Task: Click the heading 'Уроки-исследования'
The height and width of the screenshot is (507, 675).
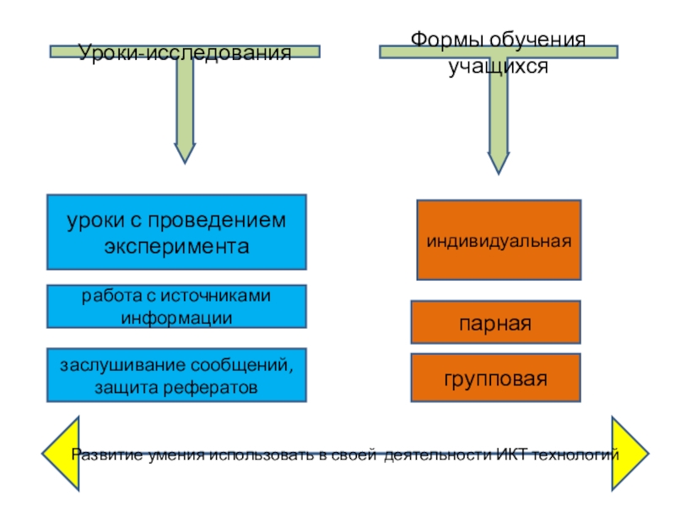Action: tap(185, 53)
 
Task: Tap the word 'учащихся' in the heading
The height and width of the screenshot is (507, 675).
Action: tap(498, 66)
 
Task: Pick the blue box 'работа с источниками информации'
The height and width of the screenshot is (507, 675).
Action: tap(176, 306)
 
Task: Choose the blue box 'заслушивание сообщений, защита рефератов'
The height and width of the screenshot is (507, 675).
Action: tap(176, 374)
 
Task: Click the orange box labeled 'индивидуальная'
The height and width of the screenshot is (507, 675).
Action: tap(499, 240)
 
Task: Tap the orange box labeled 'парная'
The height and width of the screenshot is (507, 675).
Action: tap(495, 323)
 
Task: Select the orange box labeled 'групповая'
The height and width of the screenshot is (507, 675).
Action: tap(495, 378)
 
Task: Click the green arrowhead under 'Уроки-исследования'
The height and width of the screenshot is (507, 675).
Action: tap(185, 150)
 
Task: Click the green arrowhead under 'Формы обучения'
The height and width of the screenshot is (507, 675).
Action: tap(499, 161)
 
